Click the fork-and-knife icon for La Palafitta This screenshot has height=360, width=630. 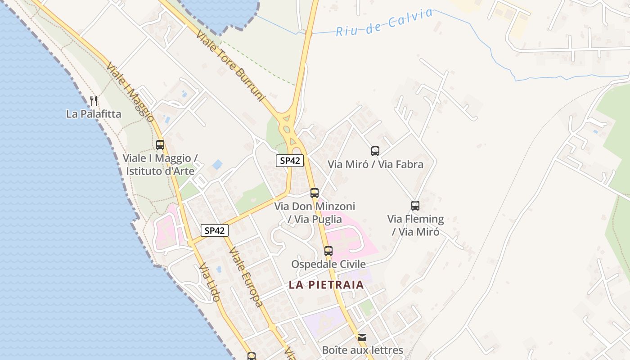click(94, 100)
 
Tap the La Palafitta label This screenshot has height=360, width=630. click(94, 114)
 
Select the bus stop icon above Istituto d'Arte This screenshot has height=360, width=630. click(160, 145)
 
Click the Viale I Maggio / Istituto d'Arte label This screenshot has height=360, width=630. click(160, 165)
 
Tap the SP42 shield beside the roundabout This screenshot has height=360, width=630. click(290, 161)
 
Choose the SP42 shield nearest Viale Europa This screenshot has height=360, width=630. click(215, 231)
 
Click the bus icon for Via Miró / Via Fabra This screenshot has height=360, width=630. click(375, 151)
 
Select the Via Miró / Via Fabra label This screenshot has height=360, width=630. click(375, 164)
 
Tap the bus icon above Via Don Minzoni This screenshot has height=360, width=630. click(315, 193)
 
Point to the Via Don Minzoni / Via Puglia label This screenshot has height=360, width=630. click(315, 213)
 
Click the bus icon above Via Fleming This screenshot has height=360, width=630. click(415, 206)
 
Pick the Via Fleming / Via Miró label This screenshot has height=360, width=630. click(415, 225)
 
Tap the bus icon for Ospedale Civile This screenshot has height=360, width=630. click(328, 251)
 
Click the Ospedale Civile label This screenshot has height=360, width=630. click(328, 264)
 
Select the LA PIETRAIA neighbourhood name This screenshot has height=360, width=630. click(326, 285)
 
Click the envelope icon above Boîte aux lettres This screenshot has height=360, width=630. click(362, 337)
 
